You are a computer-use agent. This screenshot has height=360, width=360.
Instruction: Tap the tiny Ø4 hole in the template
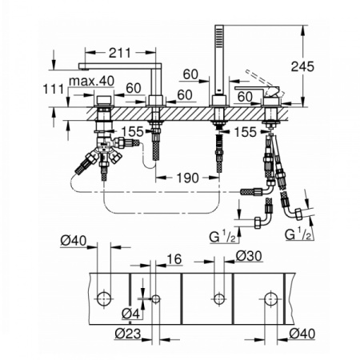(x=156, y=299)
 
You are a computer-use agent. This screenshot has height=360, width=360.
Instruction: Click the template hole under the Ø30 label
(x=217, y=299)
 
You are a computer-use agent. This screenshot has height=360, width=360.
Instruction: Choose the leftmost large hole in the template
(x=103, y=299)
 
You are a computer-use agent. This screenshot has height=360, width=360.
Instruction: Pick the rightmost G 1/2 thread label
(x=299, y=234)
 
